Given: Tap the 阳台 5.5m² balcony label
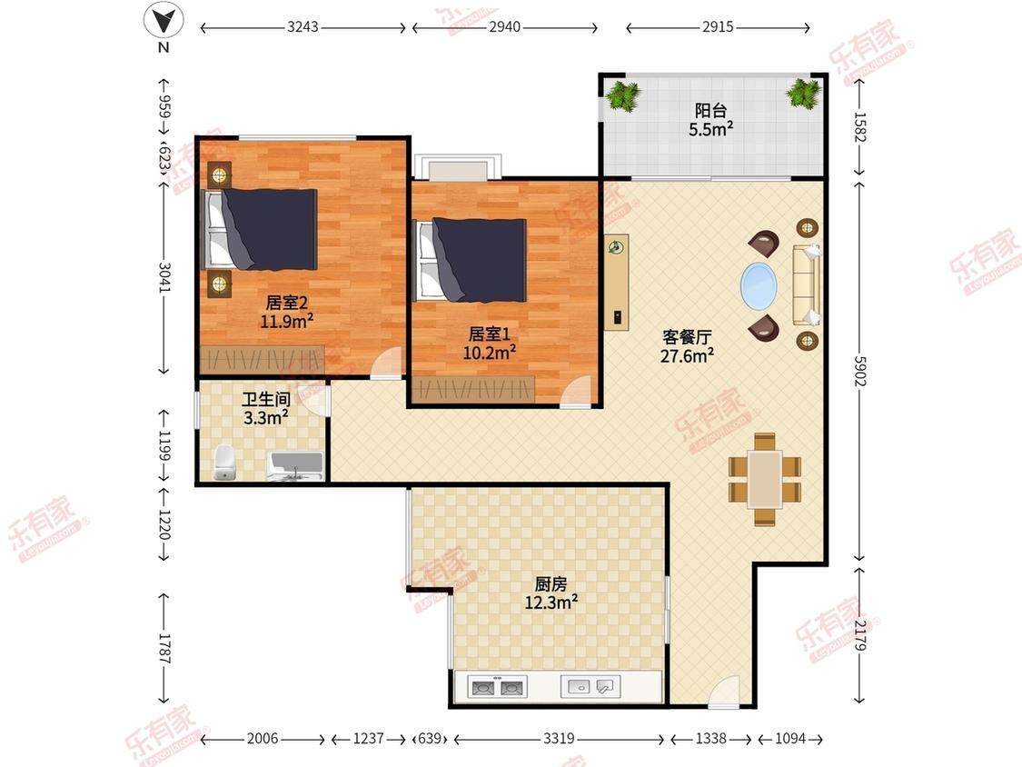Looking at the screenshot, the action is pos(710,119).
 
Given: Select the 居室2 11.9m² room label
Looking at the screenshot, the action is pos(287,312).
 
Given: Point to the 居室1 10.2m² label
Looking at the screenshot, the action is pos(490,344).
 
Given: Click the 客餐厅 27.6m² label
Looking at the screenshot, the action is pos(687,346).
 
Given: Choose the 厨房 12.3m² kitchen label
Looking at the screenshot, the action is pos(551,593).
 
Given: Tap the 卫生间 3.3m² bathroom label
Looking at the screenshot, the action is pos(266,408).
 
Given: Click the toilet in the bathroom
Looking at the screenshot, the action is pos(224,463).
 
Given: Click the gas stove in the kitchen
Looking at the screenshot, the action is pos(498,687).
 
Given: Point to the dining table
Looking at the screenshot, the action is pos(765,480).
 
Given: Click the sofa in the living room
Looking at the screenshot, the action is pos(807,285).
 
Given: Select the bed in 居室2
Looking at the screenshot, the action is pos(262,229).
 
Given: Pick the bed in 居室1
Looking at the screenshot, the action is pos(471,260).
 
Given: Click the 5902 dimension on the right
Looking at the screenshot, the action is pos(859,371).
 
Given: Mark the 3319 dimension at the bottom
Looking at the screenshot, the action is pos(559,738).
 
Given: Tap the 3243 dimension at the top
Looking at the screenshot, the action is pos(303,26).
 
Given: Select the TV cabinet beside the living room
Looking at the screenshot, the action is pos(616,283).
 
